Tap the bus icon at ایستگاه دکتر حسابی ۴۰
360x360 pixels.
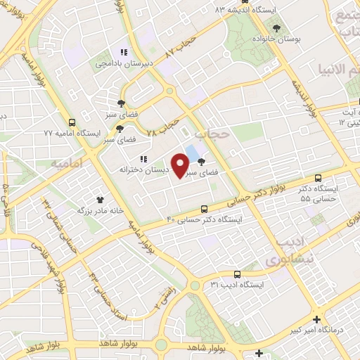tap(204, 209)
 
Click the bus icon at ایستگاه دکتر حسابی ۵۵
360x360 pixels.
tap(319, 179)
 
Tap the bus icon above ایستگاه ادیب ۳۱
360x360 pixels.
tap(236, 274)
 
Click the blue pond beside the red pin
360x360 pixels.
tap(191, 152)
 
